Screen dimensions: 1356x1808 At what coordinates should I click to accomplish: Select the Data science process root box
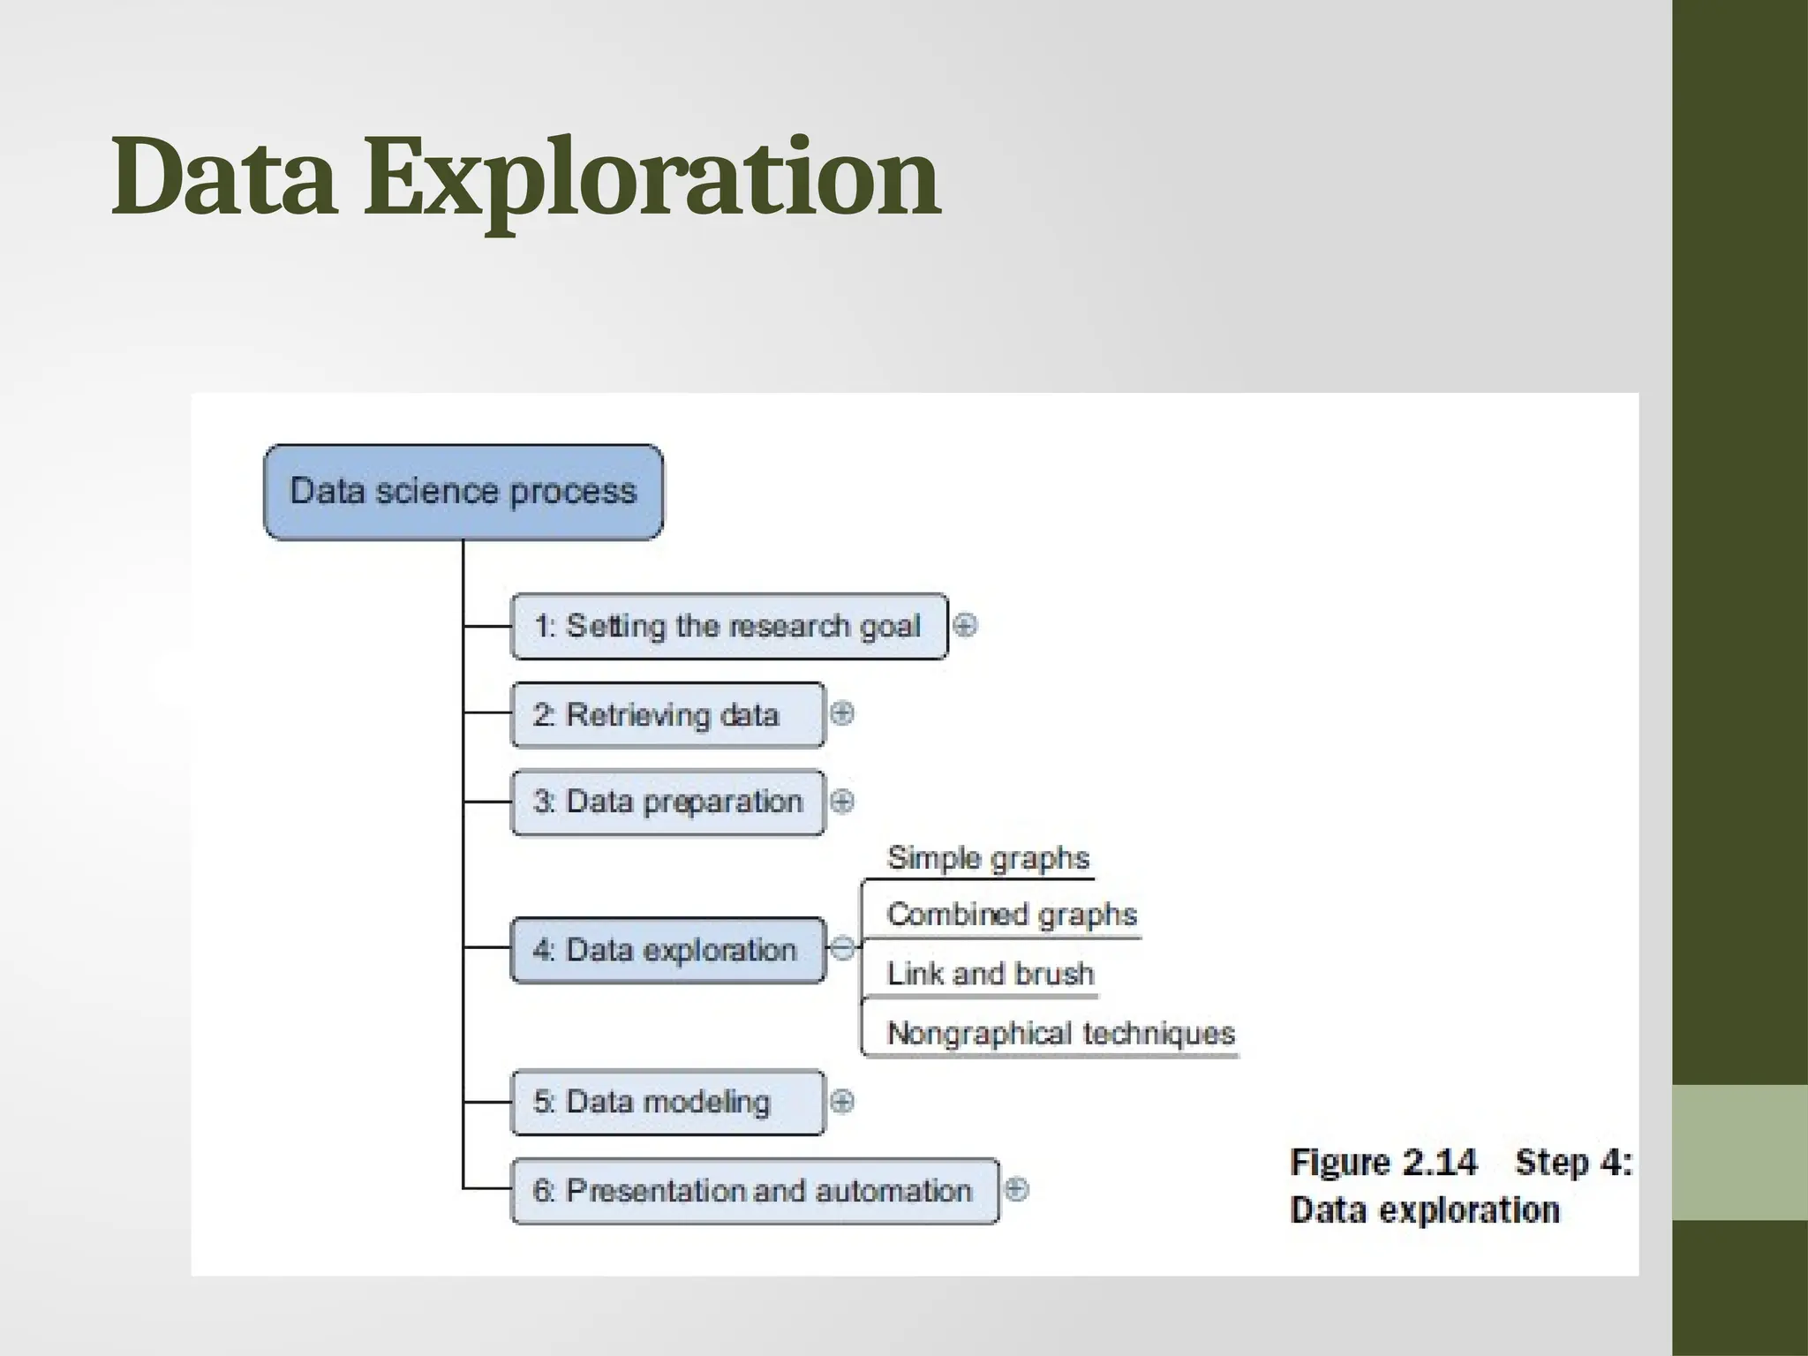pos(463,492)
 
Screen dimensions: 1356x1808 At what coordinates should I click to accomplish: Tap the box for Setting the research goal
pos(728,626)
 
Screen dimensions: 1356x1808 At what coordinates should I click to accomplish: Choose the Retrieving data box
pos(667,714)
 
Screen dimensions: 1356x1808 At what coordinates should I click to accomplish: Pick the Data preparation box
pos(667,802)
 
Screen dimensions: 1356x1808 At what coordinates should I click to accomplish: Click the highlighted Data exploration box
pos(667,950)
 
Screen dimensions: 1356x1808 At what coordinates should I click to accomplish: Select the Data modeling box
pos(667,1102)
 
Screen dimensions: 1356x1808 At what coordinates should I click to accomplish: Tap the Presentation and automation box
pos(754,1190)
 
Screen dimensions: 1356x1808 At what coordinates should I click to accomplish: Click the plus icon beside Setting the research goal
pos(966,626)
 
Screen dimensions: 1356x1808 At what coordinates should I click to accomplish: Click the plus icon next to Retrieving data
pos(842,713)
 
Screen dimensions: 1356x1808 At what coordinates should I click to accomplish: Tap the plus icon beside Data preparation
pos(842,802)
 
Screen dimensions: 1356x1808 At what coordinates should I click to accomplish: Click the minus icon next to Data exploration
pos(842,949)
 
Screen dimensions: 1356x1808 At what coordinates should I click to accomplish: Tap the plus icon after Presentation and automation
pos(1016,1189)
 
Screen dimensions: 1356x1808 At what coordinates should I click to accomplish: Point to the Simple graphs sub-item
pos(987,858)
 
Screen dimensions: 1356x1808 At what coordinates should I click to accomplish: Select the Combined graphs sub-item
pos(1011,915)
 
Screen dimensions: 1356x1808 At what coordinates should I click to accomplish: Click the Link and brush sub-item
pos(990,974)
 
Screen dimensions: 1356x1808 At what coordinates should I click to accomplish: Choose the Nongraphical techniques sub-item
pos(1059,1033)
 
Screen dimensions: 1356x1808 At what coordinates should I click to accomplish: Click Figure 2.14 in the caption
pos(1382,1162)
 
